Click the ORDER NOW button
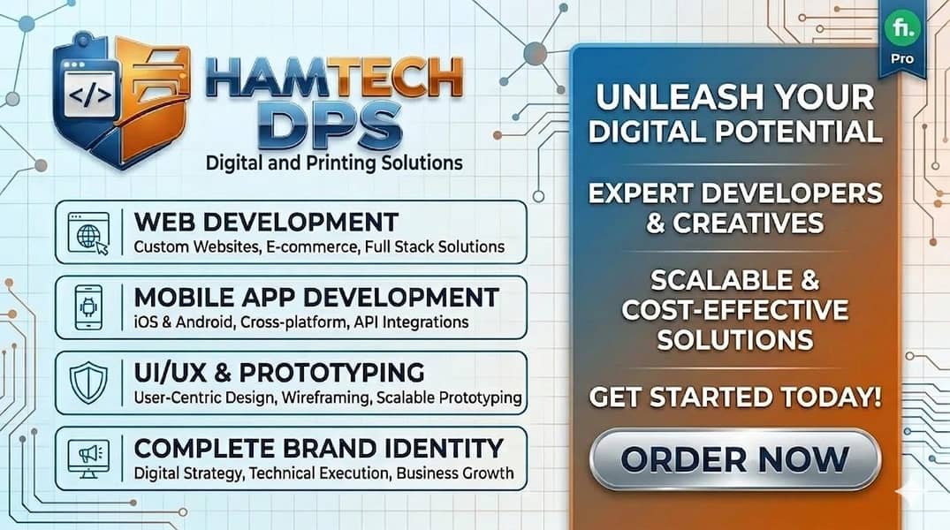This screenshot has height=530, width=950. pos(734,458)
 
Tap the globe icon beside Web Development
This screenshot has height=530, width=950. pos(87,233)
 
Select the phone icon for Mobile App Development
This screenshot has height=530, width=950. pos(87,307)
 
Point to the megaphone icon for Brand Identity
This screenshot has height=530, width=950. pos(87,456)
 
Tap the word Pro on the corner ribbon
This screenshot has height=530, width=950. pos(902,59)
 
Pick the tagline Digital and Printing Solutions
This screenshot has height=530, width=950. pos(333,163)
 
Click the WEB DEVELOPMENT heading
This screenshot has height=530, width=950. pos(266,221)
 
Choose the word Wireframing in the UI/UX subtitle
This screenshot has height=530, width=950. pos(325,397)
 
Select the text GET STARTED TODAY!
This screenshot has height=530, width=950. pos(734,397)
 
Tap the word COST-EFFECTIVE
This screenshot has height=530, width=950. pos(734,310)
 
